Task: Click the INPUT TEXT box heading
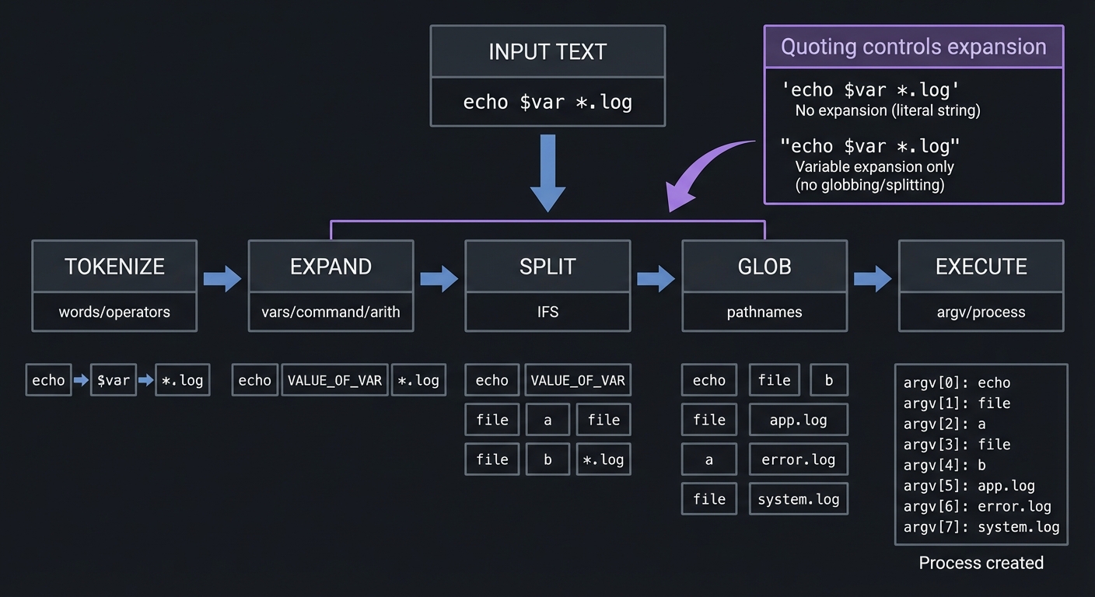547,52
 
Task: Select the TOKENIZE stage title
114,267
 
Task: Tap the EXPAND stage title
331,267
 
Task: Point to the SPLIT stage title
547,267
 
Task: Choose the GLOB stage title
764,267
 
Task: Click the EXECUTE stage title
981,267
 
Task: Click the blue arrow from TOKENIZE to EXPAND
222,278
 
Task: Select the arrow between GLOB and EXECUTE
873,278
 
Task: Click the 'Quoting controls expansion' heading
913,47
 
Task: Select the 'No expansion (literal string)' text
887,110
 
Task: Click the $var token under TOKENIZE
114,380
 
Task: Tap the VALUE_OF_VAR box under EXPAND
334,380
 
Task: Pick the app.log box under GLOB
798,420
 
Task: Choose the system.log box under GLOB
798,499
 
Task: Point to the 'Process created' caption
981,563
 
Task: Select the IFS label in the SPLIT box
547,312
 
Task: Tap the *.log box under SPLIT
603,459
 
